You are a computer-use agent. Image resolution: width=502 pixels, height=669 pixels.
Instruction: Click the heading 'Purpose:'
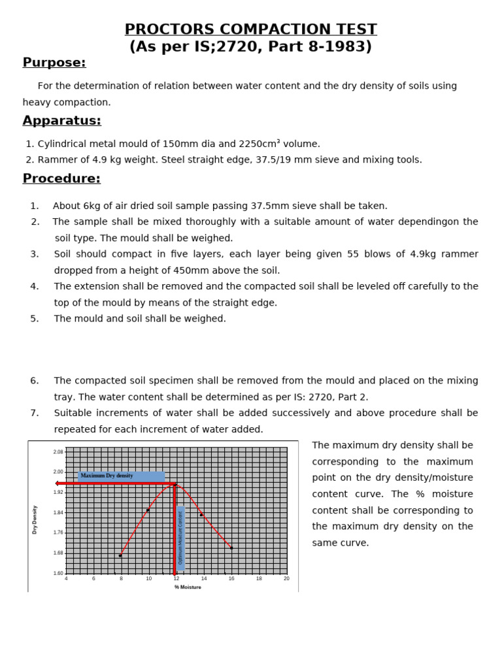pos(54,63)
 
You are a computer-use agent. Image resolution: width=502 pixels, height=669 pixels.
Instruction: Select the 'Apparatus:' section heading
pos(61,121)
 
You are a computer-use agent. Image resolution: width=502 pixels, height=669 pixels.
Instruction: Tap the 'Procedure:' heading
pos(61,179)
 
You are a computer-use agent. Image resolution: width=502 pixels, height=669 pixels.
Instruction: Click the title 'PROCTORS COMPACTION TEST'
pos(250,29)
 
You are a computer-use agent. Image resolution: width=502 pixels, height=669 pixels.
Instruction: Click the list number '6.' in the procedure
pos(35,381)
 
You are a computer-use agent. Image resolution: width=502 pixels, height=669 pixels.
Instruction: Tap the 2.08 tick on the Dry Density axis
pos(58,452)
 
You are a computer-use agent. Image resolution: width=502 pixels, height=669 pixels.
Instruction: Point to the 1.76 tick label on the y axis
pos(58,532)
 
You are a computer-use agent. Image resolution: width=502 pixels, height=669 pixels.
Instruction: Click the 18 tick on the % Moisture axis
pos(259,579)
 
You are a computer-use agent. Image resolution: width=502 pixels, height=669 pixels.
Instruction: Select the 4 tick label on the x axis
pos(66,579)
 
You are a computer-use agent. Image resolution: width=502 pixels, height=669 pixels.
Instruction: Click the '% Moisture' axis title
pos(188,587)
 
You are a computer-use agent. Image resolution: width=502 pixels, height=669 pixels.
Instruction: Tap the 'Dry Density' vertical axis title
pos(35,519)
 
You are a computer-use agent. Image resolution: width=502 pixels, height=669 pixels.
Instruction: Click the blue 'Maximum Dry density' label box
pos(121,476)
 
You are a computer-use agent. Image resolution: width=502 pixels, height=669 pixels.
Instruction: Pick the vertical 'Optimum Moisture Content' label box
pos(181,538)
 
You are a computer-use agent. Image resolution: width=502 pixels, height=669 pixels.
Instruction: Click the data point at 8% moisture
pos(120,555)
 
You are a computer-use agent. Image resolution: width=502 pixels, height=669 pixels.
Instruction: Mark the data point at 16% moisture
pos(231,547)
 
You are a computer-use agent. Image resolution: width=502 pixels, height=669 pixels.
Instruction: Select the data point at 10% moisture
pos(148,510)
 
